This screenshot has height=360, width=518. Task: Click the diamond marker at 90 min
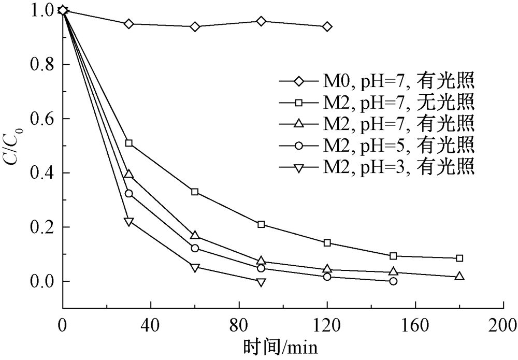tap(261, 21)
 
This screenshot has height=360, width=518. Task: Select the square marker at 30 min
tap(129, 143)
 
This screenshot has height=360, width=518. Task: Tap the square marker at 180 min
tap(459, 258)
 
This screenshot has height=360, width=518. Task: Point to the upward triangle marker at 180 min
tap(459, 277)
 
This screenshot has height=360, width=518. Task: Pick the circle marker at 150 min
tap(393, 281)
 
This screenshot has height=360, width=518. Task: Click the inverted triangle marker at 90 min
tap(261, 282)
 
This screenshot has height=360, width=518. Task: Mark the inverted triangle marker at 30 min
tap(129, 222)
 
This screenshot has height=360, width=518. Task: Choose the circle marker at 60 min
tap(195, 248)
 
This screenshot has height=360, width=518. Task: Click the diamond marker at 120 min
tap(327, 26)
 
